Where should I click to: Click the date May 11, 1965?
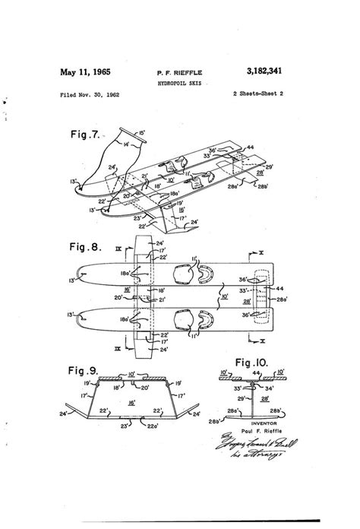(85, 72)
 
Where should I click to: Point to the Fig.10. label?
(253, 364)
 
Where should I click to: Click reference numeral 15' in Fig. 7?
(143, 133)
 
